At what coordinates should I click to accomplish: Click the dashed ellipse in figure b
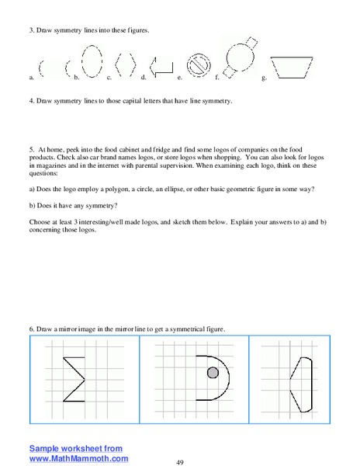point(92,61)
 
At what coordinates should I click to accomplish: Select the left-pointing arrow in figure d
point(161,68)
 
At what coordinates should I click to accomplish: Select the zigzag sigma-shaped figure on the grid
point(74,377)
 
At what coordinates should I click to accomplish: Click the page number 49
point(180,462)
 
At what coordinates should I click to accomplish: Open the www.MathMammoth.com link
point(79,458)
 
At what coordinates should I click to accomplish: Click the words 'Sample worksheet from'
point(76,448)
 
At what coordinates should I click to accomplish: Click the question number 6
point(32,329)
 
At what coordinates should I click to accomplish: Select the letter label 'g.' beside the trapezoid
point(265,78)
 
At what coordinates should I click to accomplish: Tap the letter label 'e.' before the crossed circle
point(179,78)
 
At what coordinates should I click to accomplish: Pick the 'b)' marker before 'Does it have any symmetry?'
point(33,207)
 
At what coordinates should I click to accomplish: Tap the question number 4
point(32,101)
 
